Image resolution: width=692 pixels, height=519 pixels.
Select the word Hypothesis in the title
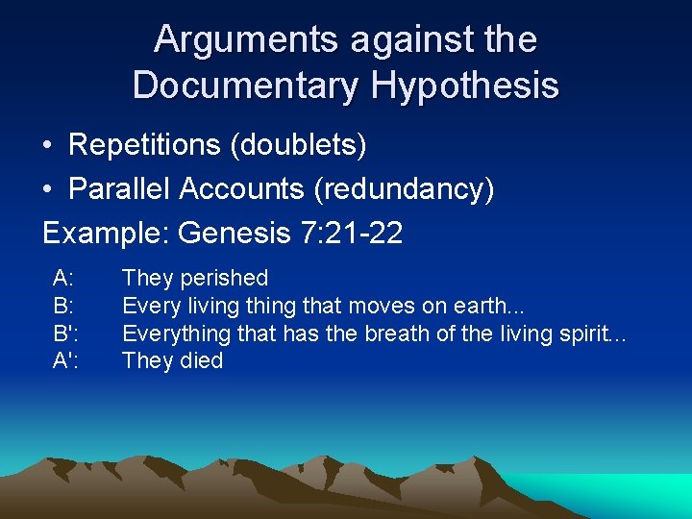click(466, 85)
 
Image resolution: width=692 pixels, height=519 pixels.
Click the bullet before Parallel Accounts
click(47, 189)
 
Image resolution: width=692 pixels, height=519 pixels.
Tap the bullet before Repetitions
click(47, 145)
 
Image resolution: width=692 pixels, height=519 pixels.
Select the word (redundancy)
click(404, 189)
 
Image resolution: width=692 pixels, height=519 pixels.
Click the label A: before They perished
click(64, 279)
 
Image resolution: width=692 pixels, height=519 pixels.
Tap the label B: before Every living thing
click(64, 307)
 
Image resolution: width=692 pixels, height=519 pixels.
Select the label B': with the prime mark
click(66, 334)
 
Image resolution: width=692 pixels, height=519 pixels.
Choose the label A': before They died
click(66, 361)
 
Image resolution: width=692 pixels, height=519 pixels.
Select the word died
click(201, 361)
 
